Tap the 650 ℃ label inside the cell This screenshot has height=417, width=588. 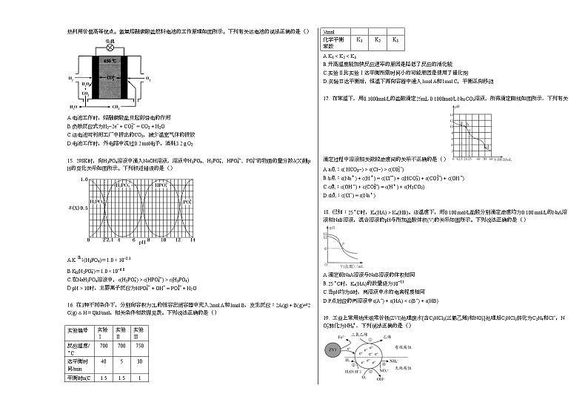point(110,60)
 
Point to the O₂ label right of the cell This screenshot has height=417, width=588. point(149,78)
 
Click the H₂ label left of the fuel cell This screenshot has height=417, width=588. point(71,78)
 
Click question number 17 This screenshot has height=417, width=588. point(327,98)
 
